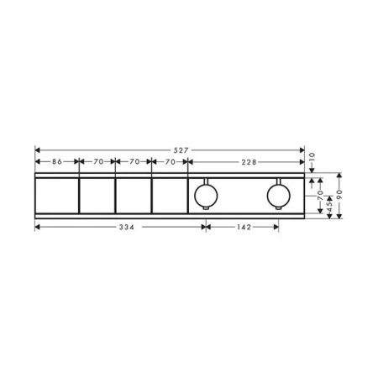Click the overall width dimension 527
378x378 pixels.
coord(181,150)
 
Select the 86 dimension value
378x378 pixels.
coord(57,161)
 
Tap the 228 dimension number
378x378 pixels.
coord(249,162)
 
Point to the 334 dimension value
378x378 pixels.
coord(127,227)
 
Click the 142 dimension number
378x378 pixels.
coord(244,227)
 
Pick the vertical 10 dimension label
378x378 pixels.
coord(312,157)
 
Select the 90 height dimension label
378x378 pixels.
coord(339,194)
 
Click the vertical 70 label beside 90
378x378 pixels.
coord(320,195)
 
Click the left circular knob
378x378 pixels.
coord(206,195)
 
